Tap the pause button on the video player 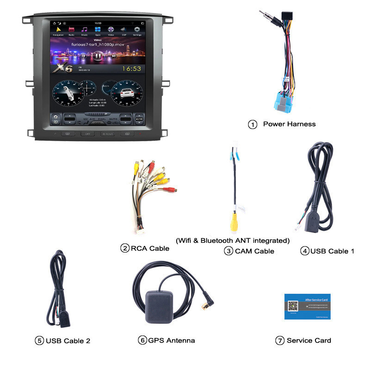click(x=97, y=56)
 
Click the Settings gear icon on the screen click(x=137, y=30)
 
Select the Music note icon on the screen click(x=85, y=30)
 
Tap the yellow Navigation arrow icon click(x=58, y=30)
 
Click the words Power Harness click(x=289, y=124)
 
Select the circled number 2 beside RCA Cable click(x=124, y=248)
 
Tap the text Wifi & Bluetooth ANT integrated click(x=233, y=240)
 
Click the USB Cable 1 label click(x=332, y=251)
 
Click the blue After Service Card click(x=308, y=306)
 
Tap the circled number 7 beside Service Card click(x=279, y=340)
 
